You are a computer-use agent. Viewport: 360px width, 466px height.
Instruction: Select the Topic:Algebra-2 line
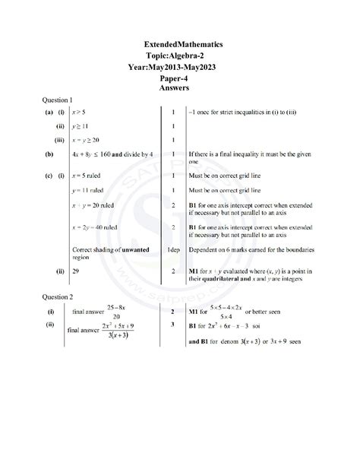(179, 57)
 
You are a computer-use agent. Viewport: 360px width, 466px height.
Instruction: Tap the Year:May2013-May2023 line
(179, 68)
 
